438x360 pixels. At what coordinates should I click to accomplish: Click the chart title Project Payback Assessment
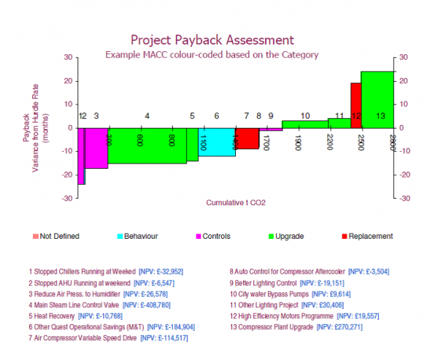point(212,39)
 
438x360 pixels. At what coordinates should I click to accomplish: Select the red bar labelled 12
point(356,105)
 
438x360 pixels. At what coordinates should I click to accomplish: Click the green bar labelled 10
point(304,124)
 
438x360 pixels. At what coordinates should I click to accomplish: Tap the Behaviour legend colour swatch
point(120,237)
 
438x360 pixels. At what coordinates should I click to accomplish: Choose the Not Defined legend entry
point(59,237)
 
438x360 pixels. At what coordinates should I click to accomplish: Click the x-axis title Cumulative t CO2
point(235,202)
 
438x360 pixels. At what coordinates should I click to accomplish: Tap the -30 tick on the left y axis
point(67,198)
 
